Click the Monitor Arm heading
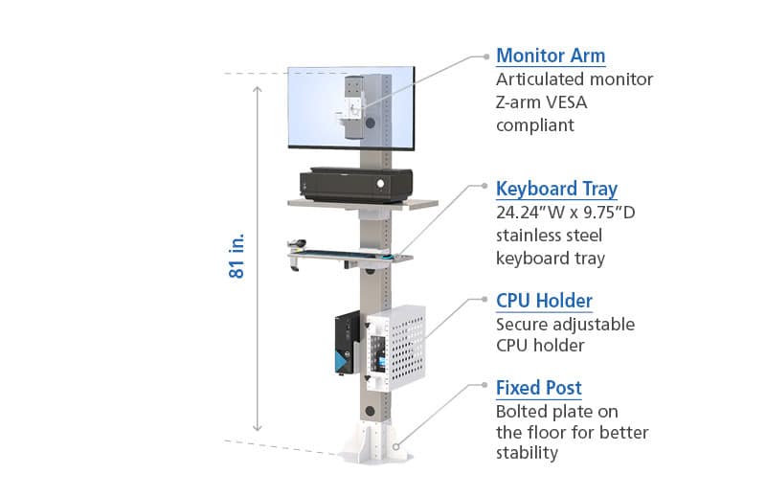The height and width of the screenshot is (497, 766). click(x=551, y=56)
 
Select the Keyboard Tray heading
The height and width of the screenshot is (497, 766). click(x=556, y=189)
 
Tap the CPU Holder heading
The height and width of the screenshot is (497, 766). click(x=544, y=301)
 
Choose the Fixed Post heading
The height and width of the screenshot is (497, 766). click(x=539, y=388)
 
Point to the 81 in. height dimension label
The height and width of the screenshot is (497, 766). click(x=237, y=256)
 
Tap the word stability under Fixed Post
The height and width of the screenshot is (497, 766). click(x=527, y=453)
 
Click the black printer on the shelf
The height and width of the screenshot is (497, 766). click(x=356, y=185)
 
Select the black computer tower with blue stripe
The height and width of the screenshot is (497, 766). click(x=348, y=344)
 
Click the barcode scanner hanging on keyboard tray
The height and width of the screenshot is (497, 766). click(x=296, y=253)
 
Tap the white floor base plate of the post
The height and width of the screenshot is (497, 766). click(x=375, y=442)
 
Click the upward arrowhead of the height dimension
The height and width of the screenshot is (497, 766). click(x=258, y=89)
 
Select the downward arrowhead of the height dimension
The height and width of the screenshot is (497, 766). click(x=258, y=428)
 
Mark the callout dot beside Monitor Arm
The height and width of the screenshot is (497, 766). click(x=486, y=56)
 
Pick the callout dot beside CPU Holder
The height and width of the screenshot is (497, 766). click(x=484, y=299)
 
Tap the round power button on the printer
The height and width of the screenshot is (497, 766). click(x=380, y=184)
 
